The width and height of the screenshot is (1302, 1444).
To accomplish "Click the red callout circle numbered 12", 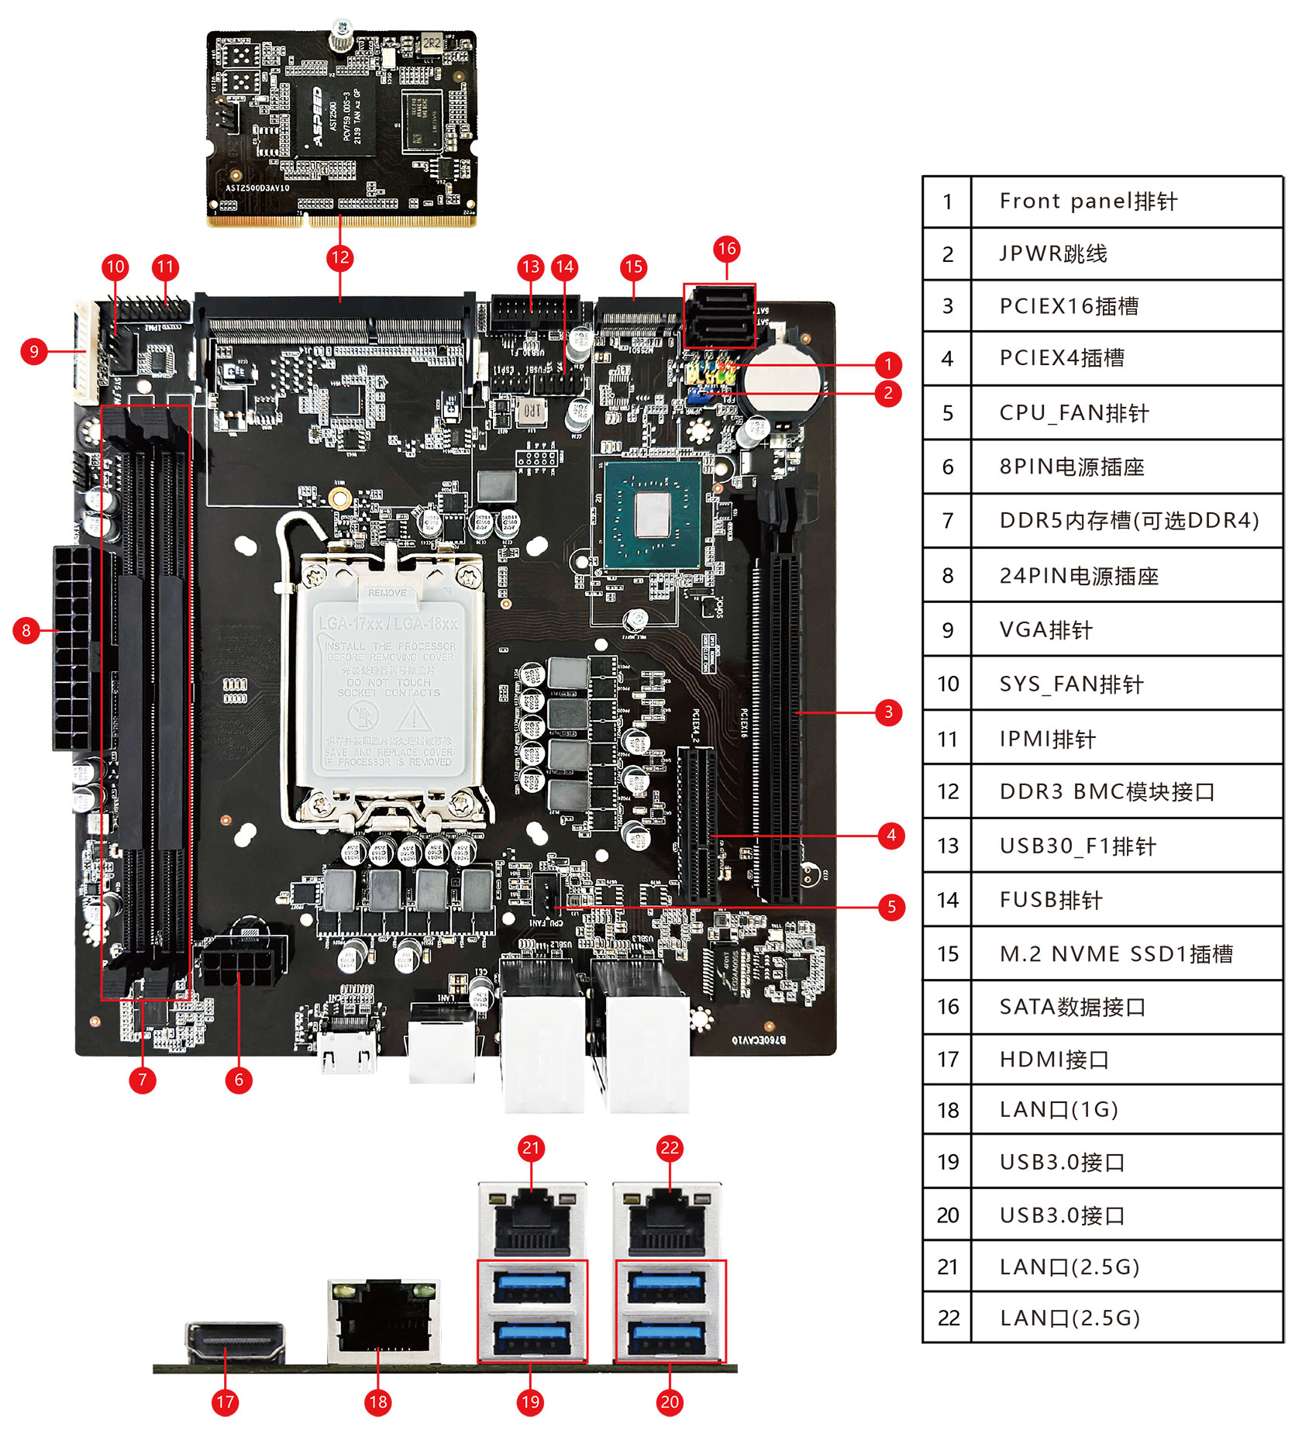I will (340, 258).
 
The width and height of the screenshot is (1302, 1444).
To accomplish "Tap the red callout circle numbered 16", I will (726, 249).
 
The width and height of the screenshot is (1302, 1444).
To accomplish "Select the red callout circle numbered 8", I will (26, 630).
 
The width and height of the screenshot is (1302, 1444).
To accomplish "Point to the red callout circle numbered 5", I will (891, 907).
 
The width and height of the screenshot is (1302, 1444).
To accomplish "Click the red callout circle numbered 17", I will (225, 1401).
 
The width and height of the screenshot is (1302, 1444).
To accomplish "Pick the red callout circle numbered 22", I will (670, 1148).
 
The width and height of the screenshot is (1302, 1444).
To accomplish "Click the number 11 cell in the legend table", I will (947, 739).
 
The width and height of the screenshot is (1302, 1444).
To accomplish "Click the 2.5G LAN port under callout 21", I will (532, 1220).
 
